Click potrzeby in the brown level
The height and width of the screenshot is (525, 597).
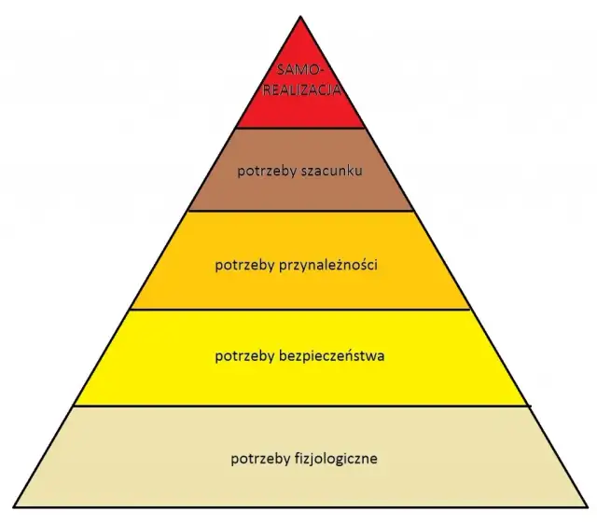pyautogui.click(x=264, y=171)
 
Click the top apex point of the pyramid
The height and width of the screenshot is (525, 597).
pyautogui.click(x=300, y=16)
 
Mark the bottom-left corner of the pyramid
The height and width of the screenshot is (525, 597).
pyautogui.click(x=13, y=508)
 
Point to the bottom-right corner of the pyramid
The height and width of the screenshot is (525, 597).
pyautogui.click(x=588, y=508)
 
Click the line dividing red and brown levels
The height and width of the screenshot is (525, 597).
pyautogui.click(x=300, y=128)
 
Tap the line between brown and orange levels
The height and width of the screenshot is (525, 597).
pyautogui.click(x=300, y=211)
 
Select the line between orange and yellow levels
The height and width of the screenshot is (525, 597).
pyautogui.click(x=300, y=310)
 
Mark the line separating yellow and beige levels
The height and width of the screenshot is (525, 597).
pyautogui.click(x=300, y=406)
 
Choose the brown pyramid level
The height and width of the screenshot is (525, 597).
pyautogui.click(x=300, y=191)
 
